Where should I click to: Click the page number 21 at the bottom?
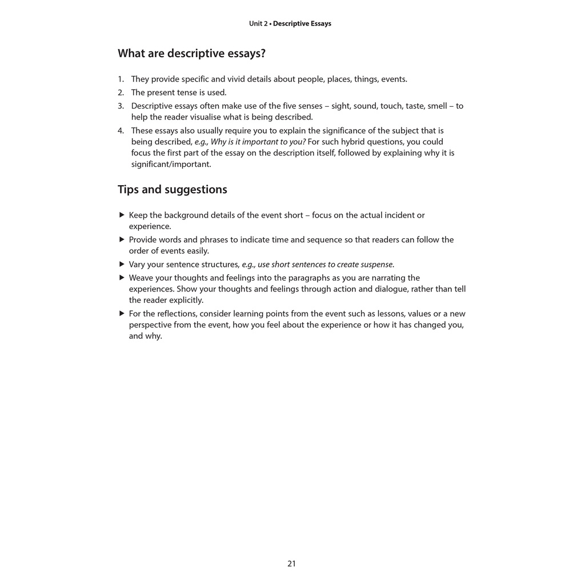(x=291, y=564)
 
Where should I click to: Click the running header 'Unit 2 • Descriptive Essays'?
(x=290, y=24)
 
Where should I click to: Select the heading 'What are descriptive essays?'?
(x=191, y=54)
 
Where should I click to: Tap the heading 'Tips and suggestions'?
(x=172, y=190)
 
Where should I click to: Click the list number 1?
(x=121, y=79)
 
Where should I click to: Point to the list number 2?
(x=121, y=93)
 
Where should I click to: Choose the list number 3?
(x=121, y=106)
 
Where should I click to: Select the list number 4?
(x=121, y=131)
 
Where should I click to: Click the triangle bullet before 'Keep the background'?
(x=122, y=215)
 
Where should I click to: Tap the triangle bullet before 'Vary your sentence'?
(x=122, y=264)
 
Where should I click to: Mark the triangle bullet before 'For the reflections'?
(x=122, y=314)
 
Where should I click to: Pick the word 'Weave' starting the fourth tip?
(x=141, y=278)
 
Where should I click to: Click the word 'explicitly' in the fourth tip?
(x=185, y=300)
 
